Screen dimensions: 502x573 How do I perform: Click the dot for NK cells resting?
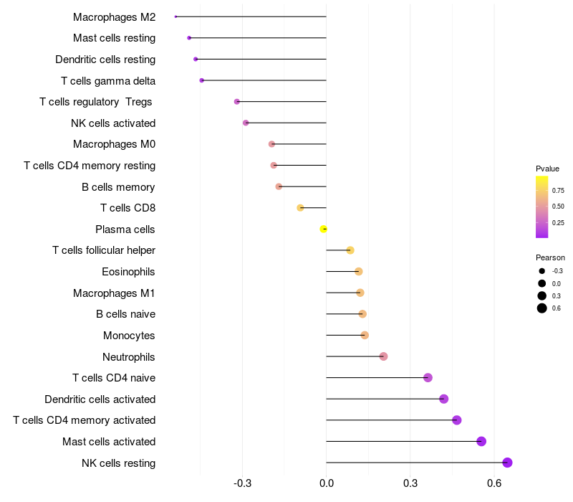(x=507, y=463)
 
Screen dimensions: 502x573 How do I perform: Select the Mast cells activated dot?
(x=481, y=441)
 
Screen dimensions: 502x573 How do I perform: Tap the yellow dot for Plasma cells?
(x=324, y=229)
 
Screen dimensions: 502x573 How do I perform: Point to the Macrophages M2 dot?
(x=175, y=16)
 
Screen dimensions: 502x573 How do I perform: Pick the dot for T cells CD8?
(x=300, y=208)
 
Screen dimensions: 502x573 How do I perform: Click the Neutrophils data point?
(x=383, y=356)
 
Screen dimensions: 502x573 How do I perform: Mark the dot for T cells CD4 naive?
(x=428, y=378)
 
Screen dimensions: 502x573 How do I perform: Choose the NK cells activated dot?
(x=246, y=123)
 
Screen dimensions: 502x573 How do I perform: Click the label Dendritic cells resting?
(x=105, y=59)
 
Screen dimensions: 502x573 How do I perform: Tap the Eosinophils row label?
(x=128, y=272)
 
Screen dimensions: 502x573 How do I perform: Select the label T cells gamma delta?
(x=108, y=80)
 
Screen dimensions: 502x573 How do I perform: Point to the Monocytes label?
(x=129, y=336)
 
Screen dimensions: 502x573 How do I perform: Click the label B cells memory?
(x=118, y=187)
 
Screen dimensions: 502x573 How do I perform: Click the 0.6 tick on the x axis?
(x=494, y=484)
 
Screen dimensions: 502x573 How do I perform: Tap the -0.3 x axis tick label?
(x=242, y=484)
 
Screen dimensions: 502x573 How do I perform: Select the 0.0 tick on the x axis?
(x=326, y=484)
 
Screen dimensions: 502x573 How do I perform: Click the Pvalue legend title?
(x=547, y=169)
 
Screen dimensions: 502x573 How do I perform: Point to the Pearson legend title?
(x=550, y=257)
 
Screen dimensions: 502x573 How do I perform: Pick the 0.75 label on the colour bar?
(x=558, y=190)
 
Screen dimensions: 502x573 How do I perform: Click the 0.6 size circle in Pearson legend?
(x=542, y=308)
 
